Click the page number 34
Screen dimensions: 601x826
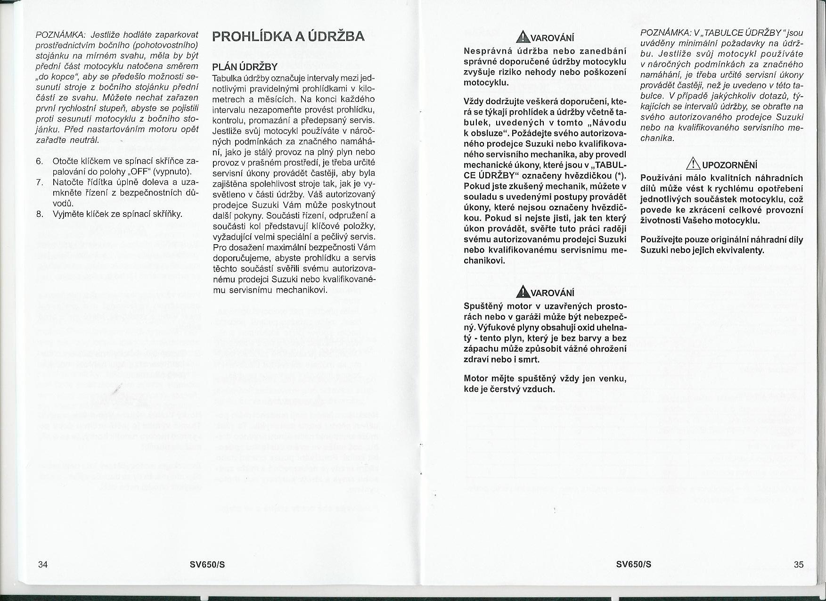coord(43,564)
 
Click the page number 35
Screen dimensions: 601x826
coord(799,564)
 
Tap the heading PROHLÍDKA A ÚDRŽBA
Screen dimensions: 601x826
coord(288,37)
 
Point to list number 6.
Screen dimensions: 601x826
coord(40,161)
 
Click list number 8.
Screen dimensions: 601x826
coord(40,214)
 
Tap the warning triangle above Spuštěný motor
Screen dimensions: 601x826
coord(522,292)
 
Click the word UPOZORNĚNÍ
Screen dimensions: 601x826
coord(729,165)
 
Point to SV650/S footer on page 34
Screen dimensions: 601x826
coord(207,564)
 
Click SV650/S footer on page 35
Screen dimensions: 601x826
coord(634,564)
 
